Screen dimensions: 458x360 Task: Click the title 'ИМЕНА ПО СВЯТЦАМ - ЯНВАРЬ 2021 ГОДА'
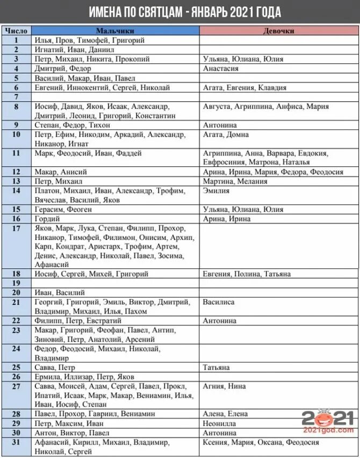coord(179,11)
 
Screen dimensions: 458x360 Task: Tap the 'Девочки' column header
coord(279,31)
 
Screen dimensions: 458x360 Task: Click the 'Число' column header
coord(16,31)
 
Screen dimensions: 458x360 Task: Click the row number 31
coord(16,442)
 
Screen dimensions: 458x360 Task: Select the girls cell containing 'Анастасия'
coord(220,69)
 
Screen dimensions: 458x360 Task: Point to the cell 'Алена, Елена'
coord(226,414)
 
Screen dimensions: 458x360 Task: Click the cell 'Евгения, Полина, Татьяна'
coord(247,274)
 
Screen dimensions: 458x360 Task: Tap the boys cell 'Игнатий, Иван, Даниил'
coord(74,49)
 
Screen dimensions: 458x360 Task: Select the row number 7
coord(16,97)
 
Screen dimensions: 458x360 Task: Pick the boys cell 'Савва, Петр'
coord(55,368)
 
